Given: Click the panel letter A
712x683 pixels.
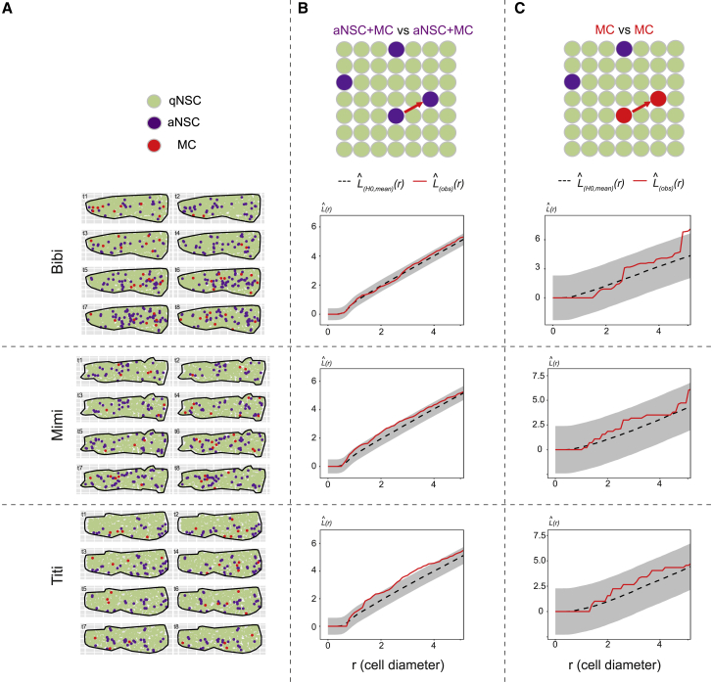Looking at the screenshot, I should (x=11, y=10).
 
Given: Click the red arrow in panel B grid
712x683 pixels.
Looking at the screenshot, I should (x=412, y=107).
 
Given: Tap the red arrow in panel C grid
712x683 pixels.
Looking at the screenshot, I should (x=641, y=107).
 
